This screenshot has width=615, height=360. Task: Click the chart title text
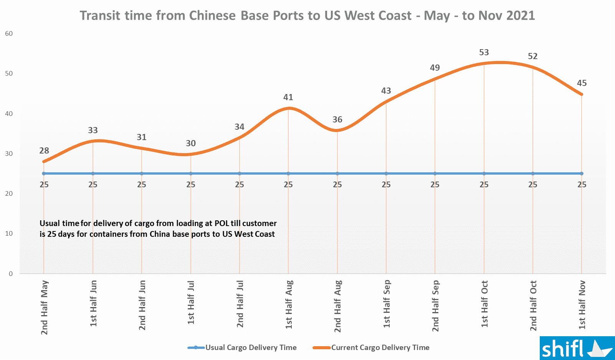coord(307,16)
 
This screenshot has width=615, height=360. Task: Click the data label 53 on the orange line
coord(484,52)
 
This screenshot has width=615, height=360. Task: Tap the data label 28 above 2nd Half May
coord(44,150)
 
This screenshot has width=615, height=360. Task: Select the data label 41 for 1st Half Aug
coord(288,97)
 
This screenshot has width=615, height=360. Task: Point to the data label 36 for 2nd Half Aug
coord(337,119)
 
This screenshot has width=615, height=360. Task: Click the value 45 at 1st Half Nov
coord(582,83)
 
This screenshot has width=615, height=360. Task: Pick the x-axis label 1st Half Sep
coord(387,304)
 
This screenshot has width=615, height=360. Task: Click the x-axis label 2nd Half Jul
coord(240,304)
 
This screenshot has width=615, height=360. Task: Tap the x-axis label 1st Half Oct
coord(484,304)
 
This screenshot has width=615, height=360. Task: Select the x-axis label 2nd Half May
coord(45,307)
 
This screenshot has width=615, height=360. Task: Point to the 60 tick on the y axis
coord(9,33)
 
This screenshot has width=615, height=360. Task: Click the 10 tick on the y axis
coord(9,233)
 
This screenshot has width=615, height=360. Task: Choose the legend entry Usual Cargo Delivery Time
coord(251,347)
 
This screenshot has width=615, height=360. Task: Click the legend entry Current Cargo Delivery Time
coord(380,347)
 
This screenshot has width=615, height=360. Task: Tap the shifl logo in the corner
coord(577,348)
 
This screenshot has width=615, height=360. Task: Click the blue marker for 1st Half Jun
coord(93,173)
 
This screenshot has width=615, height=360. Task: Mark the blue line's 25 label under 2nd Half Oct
coord(532,185)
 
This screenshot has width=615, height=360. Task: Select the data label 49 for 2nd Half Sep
coord(435,68)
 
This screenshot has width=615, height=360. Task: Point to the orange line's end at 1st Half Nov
coord(582,94)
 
